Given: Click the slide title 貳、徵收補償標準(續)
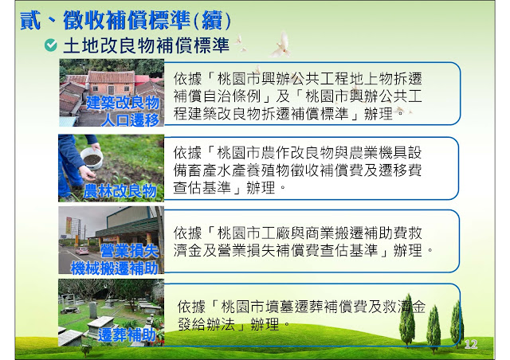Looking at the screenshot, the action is click(125, 20).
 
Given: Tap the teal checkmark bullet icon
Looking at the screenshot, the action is click(51, 45).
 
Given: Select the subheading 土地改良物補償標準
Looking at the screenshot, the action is click(147, 45).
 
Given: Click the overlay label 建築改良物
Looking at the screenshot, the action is click(123, 103).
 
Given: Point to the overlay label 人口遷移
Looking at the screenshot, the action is click(130, 119).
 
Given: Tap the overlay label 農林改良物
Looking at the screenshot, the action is click(120, 191).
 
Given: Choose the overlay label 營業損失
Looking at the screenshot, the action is click(129, 251).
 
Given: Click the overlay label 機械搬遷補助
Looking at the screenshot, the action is click(115, 268).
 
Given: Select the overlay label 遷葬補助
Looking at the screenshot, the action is click(127, 335).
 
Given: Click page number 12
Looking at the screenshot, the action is click(471, 344).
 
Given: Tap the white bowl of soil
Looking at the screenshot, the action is click(92, 158).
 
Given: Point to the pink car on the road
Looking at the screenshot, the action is click(82, 251).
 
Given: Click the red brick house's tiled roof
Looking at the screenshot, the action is click(112, 77).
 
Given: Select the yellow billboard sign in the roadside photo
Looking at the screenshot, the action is click(69, 225).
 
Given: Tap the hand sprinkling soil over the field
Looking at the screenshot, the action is click(87, 173).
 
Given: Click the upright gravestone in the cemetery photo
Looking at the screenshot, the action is click(93, 310).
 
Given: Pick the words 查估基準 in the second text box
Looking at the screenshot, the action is click(202, 188).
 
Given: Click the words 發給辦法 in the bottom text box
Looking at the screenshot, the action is click(206, 324).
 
